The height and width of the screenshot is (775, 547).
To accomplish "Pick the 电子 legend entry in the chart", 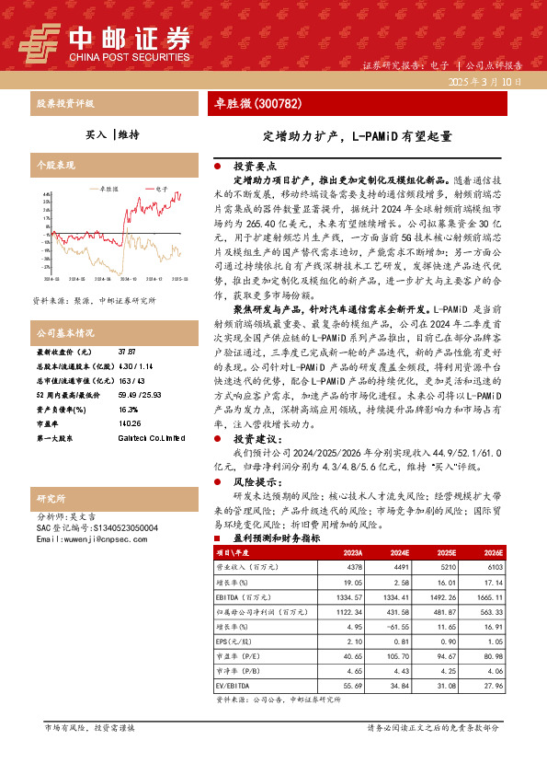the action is click(x=161, y=188).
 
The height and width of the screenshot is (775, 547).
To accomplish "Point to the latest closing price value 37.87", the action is click(x=127, y=352).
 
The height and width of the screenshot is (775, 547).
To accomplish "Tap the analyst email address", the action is click(x=88, y=538).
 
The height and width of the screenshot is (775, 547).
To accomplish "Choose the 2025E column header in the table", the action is click(x=446, y=553).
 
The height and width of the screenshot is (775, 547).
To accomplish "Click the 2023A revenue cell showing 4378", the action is click(x=353, y=569).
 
